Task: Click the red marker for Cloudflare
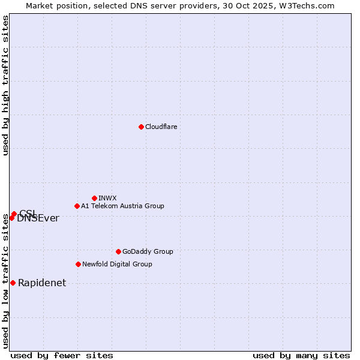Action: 141,127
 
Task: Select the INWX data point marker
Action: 94,198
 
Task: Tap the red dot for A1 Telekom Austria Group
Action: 77,206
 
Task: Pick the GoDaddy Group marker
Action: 118,251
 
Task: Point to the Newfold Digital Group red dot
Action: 78,264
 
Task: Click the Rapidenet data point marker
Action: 13,283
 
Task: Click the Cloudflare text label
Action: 161,127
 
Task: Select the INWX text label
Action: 107,198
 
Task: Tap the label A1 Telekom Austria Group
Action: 122,206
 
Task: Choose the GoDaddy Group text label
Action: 148,251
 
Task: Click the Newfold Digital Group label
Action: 117,264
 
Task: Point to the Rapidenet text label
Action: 42,283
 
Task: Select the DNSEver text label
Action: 38,218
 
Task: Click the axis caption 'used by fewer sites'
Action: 62,355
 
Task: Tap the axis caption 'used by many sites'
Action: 301,355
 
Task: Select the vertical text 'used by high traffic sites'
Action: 5,85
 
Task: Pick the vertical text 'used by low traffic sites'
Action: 5,281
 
